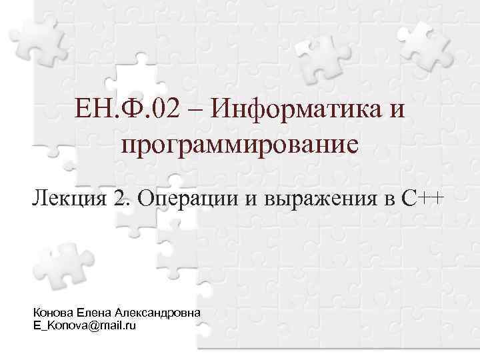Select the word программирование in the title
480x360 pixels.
click(x=239, y=143)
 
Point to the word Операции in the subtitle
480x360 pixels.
click(x=194, y=198)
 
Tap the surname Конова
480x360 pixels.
click(x=53, y=313)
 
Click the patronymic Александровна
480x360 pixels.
click(x=158, y=313)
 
